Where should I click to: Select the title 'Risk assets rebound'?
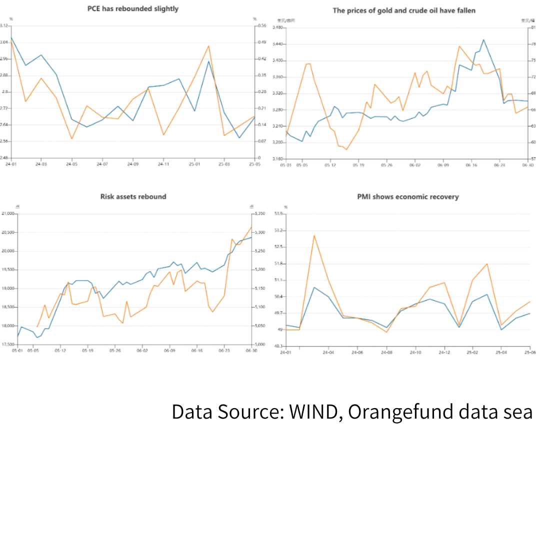(133, 197)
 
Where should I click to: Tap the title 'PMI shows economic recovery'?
(407, 197)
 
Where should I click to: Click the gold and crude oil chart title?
(404, 10)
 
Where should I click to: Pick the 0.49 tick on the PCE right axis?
(261, 42)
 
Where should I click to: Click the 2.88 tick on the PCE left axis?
(4, 75)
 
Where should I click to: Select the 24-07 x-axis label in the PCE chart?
(102, 164)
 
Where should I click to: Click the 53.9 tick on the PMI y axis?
(278, 214)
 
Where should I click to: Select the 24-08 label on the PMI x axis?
(386, 352)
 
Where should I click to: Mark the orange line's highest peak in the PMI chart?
(314, 235)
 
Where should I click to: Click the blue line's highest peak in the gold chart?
(483, 39)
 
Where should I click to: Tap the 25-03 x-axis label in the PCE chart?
(223, 164)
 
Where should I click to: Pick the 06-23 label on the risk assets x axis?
(224, 351)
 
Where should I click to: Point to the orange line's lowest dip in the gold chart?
(346, 149)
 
